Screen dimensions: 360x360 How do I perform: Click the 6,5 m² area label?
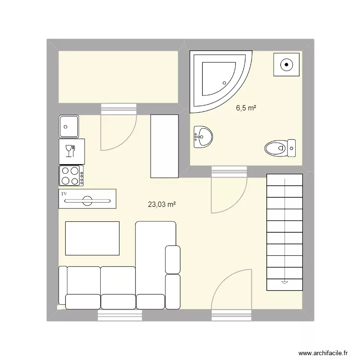pos(246,108)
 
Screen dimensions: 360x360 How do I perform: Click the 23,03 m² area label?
pos(162,204)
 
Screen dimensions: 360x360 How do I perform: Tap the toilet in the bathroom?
pos(280,147)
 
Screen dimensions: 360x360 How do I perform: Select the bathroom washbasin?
pos(204,137)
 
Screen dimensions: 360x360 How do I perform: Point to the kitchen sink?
pos(69,126)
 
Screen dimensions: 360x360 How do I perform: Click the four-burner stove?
pos(71,175)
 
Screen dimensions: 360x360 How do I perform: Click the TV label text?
pos(63,193)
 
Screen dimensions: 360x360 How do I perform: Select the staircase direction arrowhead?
pos(285,282)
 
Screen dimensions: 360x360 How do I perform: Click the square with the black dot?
pos(287,64)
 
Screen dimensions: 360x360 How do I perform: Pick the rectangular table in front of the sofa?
pos(92,238)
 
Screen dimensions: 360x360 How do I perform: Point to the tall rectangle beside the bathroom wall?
pos(165,145)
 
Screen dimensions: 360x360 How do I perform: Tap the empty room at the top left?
pos(118,77)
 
